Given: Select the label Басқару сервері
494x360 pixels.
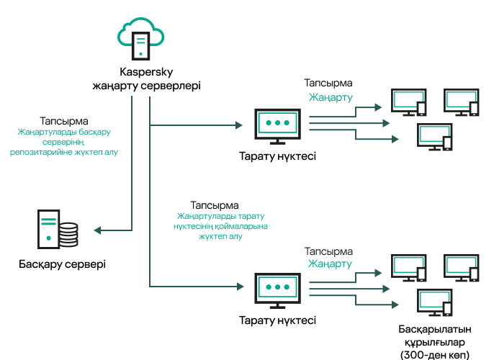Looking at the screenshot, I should tap(62, 264).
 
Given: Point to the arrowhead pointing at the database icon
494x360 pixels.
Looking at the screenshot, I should tap(98, 231).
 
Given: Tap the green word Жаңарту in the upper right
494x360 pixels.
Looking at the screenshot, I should tap(331, 97).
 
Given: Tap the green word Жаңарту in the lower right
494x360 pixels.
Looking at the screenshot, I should tap(331, 264).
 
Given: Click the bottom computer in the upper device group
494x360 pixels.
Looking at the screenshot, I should tap(434, 138).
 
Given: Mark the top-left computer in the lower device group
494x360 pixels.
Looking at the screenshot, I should tap(407, 268).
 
